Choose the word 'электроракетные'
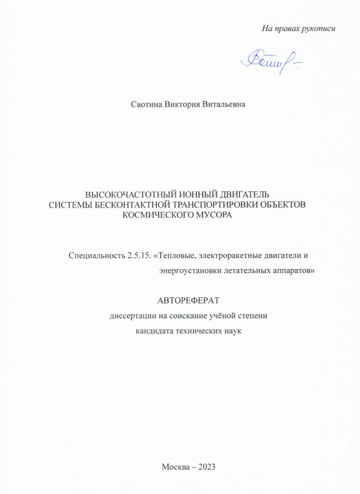click(234, 256)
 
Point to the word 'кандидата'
click(156, 331)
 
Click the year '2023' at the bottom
click(207, 467)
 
